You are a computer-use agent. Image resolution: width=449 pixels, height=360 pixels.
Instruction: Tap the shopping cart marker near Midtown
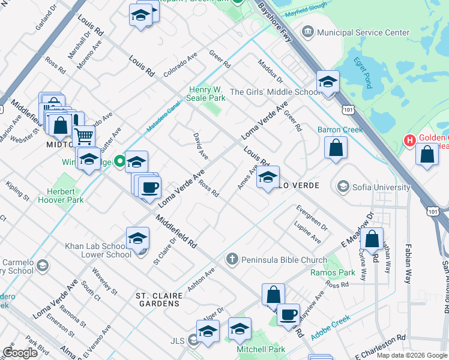tap(83, 136)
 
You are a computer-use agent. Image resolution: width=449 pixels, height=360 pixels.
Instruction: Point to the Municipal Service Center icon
tap(308, 31)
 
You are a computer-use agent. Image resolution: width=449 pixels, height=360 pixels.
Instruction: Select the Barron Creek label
tap(341, 130)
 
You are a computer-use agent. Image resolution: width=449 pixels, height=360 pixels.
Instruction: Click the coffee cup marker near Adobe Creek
tap(288, 314)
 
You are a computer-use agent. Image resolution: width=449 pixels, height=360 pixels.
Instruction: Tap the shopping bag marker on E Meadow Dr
tap(372, 239)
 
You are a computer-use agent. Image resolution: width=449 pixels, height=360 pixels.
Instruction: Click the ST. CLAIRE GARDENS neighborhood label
tap(158, 299)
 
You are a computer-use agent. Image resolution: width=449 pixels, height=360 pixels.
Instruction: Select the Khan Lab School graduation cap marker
tap(137, 239)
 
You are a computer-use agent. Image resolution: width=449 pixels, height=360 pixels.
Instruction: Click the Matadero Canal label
tap(163, 118)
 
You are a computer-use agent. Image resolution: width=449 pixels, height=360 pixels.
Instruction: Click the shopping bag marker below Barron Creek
tap(336, 147)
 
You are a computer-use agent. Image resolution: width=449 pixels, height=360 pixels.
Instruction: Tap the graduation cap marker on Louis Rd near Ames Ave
tap(268, 177)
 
